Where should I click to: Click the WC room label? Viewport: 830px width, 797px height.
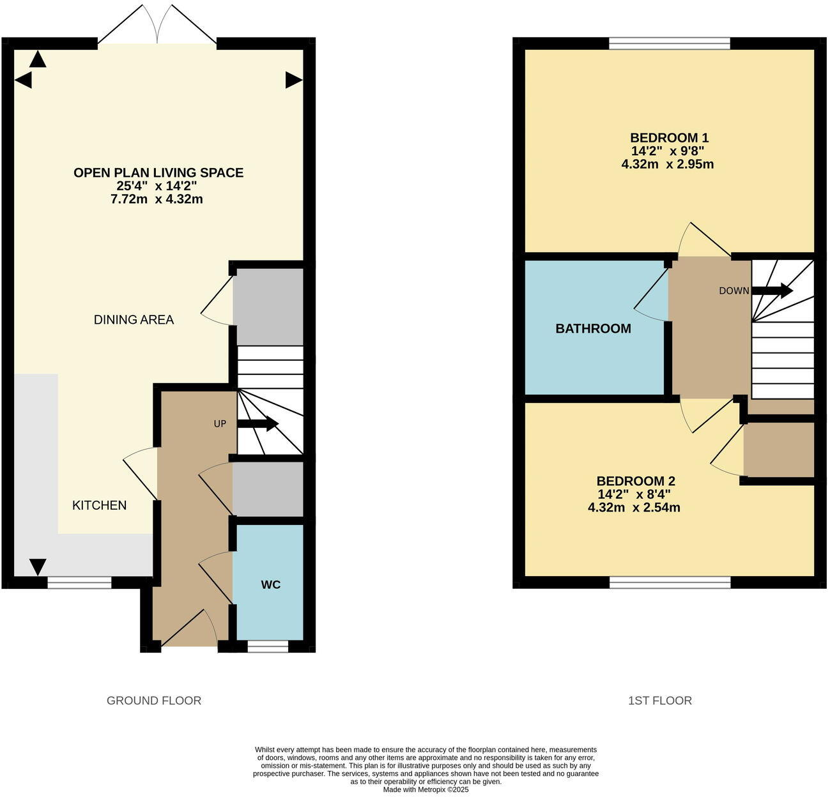270,585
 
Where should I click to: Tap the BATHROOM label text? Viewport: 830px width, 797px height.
593,329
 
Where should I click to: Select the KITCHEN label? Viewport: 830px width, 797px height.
99,505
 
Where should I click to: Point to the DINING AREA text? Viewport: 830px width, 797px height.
134,320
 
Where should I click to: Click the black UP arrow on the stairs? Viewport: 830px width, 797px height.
258,424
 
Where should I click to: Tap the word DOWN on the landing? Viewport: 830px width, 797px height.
734,291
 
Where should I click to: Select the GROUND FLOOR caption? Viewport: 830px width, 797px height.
153,701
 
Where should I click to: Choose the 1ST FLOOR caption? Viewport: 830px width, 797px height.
659,701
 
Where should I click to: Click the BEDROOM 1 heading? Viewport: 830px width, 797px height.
669,138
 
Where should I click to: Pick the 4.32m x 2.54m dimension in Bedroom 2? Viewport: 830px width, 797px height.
633,508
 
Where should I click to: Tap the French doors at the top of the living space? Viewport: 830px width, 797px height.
157,26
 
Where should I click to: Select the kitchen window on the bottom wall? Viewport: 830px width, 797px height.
79,582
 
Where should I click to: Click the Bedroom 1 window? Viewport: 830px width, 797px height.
669,43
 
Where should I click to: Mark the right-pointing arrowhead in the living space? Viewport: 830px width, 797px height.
293,80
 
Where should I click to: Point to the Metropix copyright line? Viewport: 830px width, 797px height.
426,790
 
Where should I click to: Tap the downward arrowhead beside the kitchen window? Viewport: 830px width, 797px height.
38,566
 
